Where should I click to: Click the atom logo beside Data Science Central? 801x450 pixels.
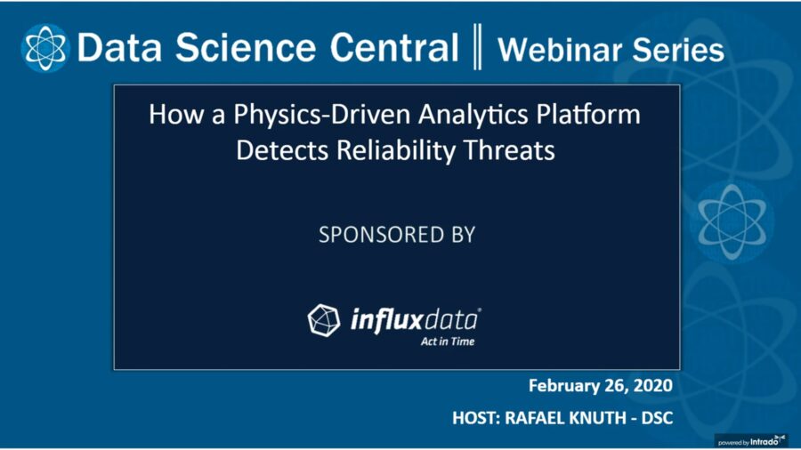(x=45, y=48)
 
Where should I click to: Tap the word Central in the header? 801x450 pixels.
(x=394, y=47)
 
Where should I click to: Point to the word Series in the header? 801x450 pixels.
(x=678, y=50)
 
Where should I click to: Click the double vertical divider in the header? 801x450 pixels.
(x=477, y=46)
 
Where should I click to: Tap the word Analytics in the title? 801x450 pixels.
(x=473, y=115)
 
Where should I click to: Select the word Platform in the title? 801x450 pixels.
(x=588, y=114)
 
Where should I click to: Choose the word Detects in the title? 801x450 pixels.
(x=282, y=150)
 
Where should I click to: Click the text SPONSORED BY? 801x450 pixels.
(x=397, y=235)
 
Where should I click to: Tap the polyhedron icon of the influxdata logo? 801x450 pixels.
(x=323, y=320)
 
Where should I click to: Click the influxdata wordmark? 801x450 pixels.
(x=416, y=320)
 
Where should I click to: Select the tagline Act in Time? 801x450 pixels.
(x=448, y=342)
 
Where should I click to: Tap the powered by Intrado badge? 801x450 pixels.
(x=751, y=441)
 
